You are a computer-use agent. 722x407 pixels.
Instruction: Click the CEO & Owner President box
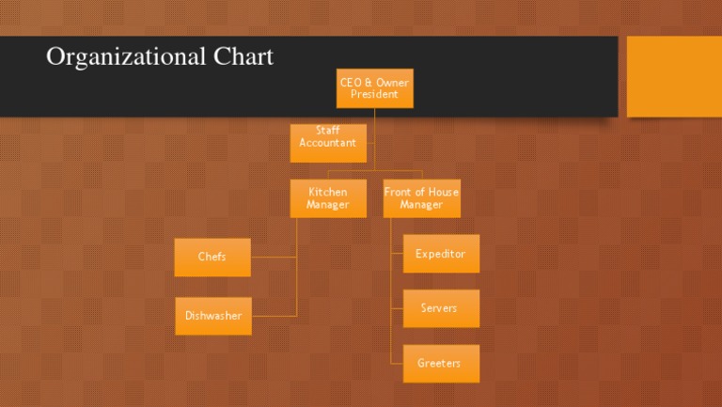click(374, 88)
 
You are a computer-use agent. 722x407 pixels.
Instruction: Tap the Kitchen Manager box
click(327, 198)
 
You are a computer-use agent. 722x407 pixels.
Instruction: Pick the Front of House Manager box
click(421, 198)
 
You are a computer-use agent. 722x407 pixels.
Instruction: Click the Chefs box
click(212, 257)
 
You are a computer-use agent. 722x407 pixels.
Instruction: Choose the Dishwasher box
click(212, 316)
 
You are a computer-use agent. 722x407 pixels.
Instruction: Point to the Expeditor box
click(441, 254)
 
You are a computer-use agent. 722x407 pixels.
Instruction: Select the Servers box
click(441, 308)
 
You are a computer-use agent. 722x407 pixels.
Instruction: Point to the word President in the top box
click(374, 94)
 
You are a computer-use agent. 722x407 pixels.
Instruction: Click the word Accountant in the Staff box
click(327, 143)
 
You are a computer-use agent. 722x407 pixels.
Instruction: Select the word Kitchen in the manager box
click(327, 192)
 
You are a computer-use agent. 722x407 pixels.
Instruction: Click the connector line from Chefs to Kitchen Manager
click(274, 257)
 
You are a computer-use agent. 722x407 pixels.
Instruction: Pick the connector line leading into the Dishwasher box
click(274, 316)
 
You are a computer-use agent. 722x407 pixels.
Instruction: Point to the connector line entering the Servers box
click(397, 308)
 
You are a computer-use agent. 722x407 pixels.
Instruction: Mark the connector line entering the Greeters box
click(397, 364)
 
